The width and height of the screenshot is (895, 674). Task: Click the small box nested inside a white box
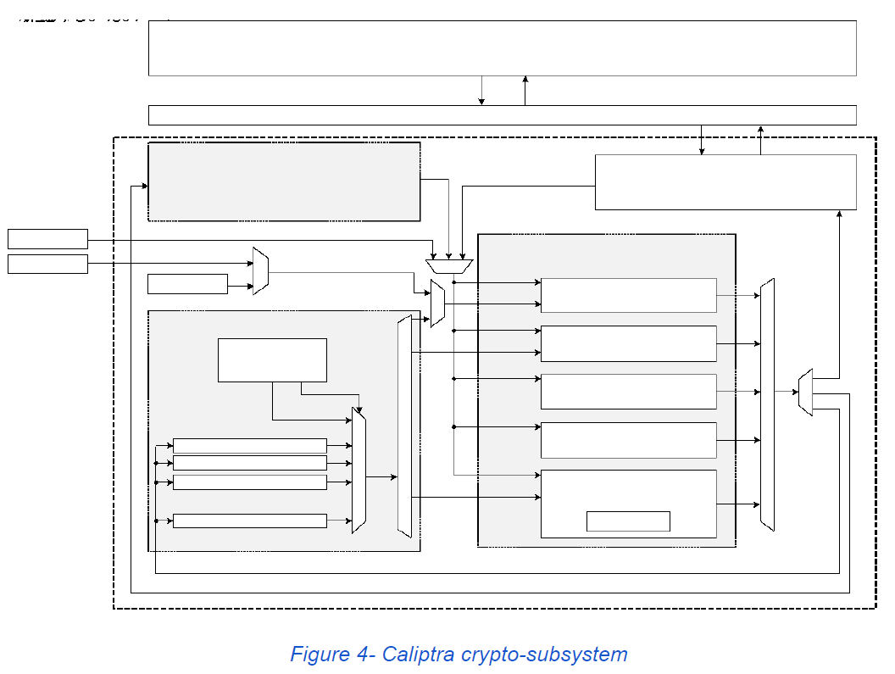click(628, 521)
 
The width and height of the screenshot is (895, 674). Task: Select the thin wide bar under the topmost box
click(502, 115)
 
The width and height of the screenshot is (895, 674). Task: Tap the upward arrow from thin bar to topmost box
click(525, 91)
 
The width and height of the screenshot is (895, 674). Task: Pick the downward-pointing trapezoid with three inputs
click(447, 266)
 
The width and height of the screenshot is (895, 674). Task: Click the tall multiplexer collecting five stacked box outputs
click(767, 404)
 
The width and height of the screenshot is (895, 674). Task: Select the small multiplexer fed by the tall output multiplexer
click(806, 392)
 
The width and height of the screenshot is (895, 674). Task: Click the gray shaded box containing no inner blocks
click(284, 181)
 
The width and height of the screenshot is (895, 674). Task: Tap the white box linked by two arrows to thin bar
click(725, 182)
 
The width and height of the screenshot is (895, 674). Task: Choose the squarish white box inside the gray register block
click(272, 360)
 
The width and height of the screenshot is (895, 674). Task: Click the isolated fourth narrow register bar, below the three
click(249, 521)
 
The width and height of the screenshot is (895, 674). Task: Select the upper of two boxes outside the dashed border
click(47, 238)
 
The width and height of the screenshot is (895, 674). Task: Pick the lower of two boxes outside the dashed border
click(47, 264)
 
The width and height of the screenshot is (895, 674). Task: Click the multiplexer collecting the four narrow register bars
click(359, 471)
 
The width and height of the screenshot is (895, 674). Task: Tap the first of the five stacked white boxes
click(628, 295)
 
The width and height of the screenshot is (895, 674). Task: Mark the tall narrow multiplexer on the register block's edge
click(404, 426)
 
